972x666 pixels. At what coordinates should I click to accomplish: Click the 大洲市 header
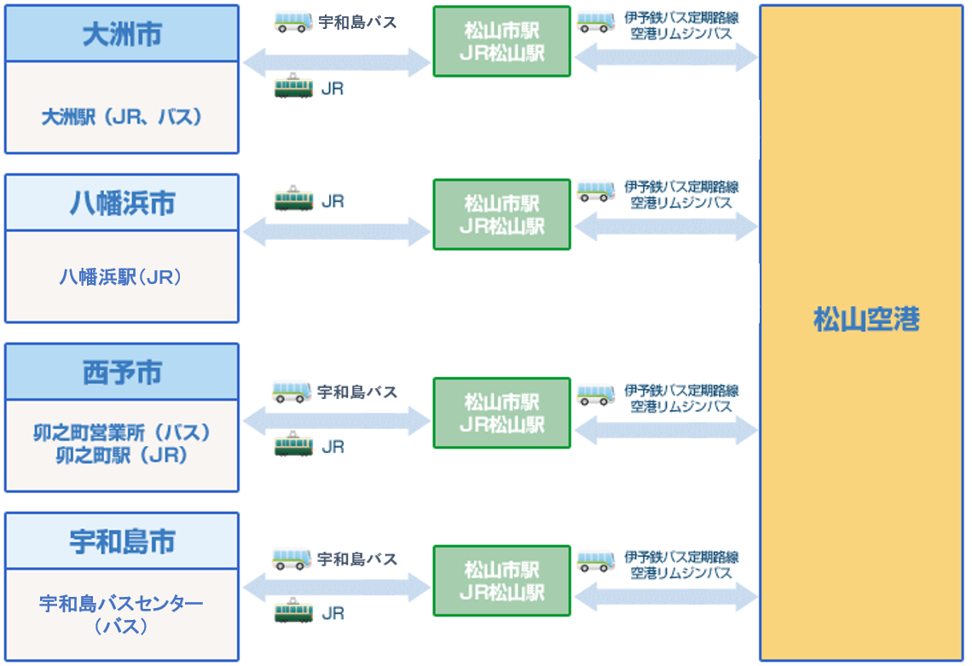click(x=122, y=34)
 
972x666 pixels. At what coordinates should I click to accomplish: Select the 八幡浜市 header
click(x=122, y=203)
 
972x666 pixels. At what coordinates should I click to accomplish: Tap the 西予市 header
click(x=122, y=373)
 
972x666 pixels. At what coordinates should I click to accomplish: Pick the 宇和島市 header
click(x=122, y=541)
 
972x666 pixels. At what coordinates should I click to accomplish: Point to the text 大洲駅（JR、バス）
click(x=122, y=117)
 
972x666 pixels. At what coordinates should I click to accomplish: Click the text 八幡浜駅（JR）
click(x=122, y=277)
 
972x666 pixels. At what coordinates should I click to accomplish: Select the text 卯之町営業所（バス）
click(x=122, y=432)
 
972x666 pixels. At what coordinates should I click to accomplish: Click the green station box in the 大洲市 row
click(x=501, y=42)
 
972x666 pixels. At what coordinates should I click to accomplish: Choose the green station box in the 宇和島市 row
click(x=501, y=581)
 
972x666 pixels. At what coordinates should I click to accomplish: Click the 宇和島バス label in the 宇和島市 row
click(x=357, y=559)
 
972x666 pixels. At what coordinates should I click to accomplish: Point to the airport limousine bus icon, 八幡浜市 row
click(x=596, y=191)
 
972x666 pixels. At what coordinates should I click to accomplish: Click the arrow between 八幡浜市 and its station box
click(x=337, y=231)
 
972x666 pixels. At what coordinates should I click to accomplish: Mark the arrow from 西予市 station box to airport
click(x=666, y=431)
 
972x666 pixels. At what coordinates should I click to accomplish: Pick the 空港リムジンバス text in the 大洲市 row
click(x=681, y=34)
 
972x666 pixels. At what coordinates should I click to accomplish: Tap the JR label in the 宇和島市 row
click(x=333, y=613)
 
